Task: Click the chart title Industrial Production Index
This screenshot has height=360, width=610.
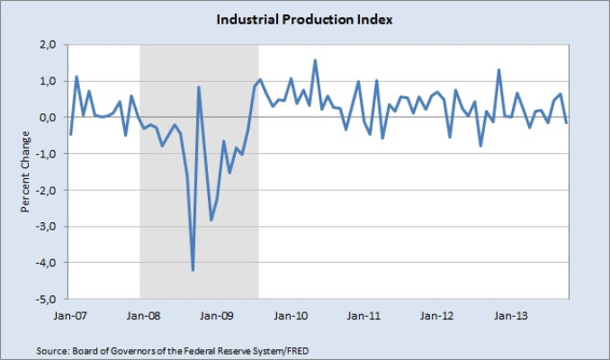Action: pyautogui.click(x=304, y=20)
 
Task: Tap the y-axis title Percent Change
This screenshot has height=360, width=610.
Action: pyautogui.click(x=25, y=172)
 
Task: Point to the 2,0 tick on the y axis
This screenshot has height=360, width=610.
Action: pyautogui.click(x=48, y=45)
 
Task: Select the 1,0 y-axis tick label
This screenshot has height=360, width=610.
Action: pyautogui.click(x=48, y=81)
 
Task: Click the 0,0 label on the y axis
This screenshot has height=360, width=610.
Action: pyautogui.click(x=48, y=117)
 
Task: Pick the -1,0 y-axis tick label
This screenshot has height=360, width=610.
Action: pyautogui.click(x=46, y=154)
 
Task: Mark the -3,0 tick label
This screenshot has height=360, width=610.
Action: pyautogui.click(x=46, y=227)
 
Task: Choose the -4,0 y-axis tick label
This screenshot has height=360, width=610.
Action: pyautogui.click(x=46, y=263)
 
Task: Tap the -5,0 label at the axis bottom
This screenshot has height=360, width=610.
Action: pyautogui.click(x=46, y=300)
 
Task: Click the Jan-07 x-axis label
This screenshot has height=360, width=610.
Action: pyautogui.click(x=70, y=316)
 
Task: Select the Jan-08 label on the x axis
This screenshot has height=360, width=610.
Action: pyautogui.click(x=143, y=316)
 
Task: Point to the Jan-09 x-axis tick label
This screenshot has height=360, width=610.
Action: pyautogui.click(x=217, y=316)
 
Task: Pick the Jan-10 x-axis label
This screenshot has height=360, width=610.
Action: pyautogui.click(x=291, y=316)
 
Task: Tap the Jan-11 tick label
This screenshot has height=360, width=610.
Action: pyautogui.click(x=363, y=316)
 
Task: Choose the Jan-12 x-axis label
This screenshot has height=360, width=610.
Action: pyautogui.click(x=436, y=316)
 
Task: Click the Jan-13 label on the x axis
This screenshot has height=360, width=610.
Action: pyautogui.click(x=510, y=316)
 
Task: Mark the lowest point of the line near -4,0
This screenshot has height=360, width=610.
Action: pyautogui.click(x=193, y=270)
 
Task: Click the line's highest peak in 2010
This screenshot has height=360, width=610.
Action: pyautogui.click(x=315, y=60)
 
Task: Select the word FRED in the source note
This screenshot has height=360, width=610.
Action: pyautogui.click(x=299, y=351)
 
